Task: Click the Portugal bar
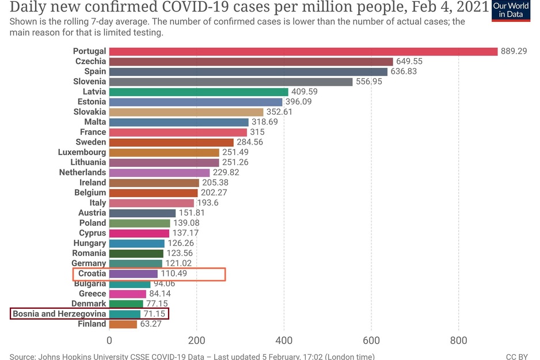303,51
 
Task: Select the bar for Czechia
251,62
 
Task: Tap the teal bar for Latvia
199,92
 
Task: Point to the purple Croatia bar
134,274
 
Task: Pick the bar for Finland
123,324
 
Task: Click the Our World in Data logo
511,11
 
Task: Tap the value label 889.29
514,51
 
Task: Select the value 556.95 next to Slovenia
369,82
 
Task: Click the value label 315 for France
257,132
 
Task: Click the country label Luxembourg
82,152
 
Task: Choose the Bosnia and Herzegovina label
59,314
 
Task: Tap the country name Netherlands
83,172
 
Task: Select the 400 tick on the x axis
284,340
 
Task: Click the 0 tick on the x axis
109,340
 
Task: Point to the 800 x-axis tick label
458,340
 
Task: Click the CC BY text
516,357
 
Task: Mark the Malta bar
179,122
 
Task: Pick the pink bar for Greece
128,294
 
